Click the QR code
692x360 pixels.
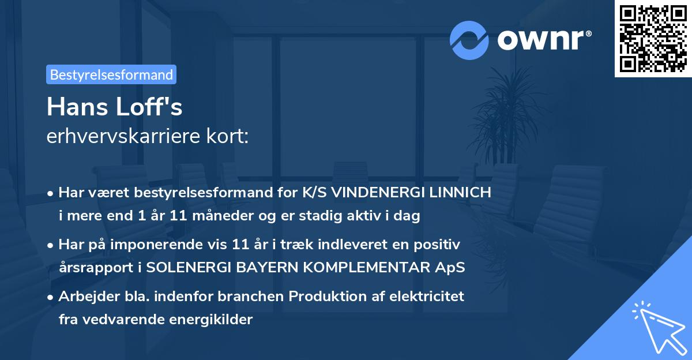[653, 39]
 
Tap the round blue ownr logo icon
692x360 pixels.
[469, 40]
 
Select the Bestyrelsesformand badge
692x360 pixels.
[111, 74]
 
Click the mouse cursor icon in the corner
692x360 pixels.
[657, 327]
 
